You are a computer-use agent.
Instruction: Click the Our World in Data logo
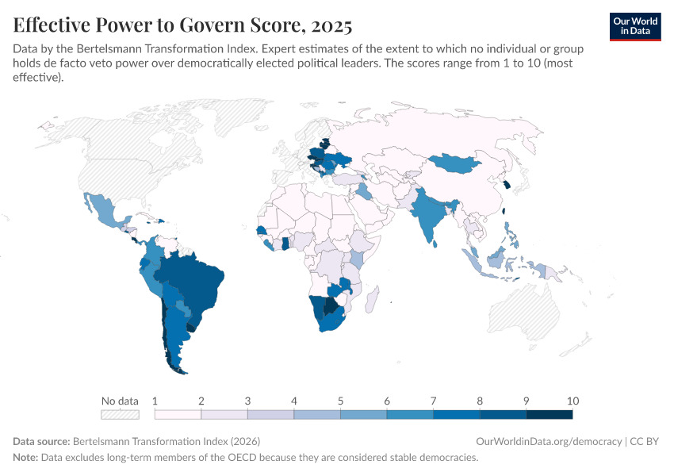click(635, 26)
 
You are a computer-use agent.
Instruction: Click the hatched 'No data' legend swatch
click(120, 414)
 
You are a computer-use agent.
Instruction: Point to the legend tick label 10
click(573, 401)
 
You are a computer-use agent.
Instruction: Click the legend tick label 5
click(340, 401)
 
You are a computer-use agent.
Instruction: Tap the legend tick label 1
click(155, 401)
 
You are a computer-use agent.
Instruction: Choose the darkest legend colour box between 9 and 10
click(549, 414)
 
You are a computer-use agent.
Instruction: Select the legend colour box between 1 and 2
click(178, 414)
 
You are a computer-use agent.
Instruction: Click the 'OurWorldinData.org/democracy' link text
click(548, 441)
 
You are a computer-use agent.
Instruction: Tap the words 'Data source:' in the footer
click(41, 441)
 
